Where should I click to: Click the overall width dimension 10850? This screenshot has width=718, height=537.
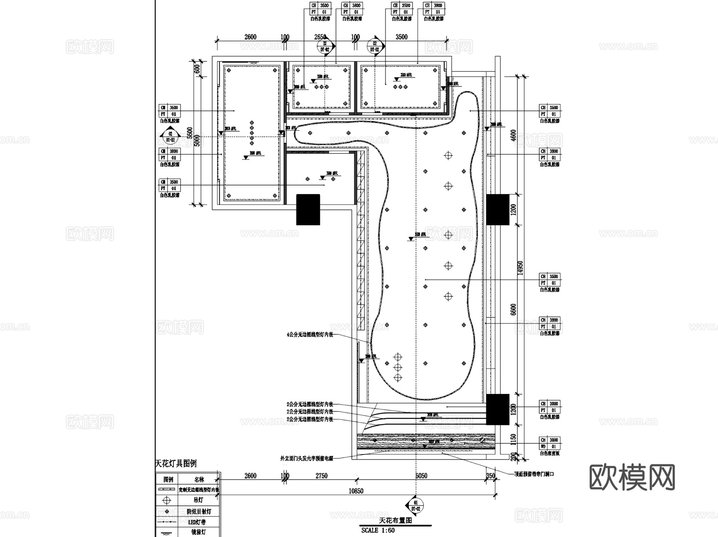[356, 491]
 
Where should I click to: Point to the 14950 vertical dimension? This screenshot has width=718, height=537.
[520, 268]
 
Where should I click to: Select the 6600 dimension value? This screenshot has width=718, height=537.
[513, 309]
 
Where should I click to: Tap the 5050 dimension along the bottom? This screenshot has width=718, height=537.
[421, 476]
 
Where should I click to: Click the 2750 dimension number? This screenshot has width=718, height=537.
[321, 476]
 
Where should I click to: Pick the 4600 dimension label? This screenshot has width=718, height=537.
[513, 135]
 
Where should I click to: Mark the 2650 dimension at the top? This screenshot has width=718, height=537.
[320, 37]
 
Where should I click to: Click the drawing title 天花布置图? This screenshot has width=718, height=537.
[395, 521]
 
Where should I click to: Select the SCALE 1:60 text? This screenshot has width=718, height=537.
[378, 530]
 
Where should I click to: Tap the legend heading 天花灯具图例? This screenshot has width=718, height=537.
[176, 464]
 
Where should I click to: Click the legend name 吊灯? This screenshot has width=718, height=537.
[198, 500]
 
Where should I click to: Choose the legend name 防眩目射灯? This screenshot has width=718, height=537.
[199, 511]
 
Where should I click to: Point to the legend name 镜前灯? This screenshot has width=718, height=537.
[198, 532]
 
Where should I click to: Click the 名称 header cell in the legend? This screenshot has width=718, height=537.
[199, 480]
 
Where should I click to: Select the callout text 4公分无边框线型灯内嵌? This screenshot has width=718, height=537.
[310, 335]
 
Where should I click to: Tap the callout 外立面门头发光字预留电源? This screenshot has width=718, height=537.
[306, 458]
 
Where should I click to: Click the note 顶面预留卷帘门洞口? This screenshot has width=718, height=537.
[534, 474]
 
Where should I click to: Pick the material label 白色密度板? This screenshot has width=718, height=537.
[550, 453]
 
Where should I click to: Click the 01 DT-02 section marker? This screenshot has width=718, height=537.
[416, 506]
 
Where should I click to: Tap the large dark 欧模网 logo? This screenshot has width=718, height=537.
[632, 477]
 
